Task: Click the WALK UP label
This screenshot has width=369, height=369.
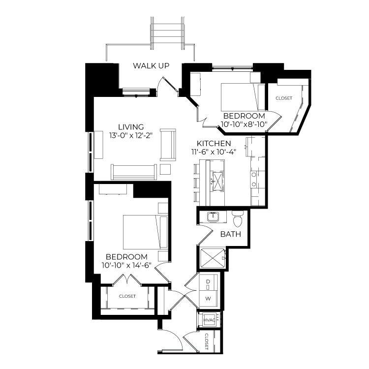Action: (x=151, y=65)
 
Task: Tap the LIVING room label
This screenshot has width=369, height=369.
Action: (x=131, y=127)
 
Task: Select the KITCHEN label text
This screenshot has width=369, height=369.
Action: (x=214, y=143)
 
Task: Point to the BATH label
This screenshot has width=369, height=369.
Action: (x=231, y=234)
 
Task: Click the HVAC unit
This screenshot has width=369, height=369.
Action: (x=209, y=320)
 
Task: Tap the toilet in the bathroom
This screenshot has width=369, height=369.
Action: (x=238, y=219)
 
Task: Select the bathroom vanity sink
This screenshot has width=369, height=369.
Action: (x=213, y=217)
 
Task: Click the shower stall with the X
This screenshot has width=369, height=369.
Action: (x=213, y=258)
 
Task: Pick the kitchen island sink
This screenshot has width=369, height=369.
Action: (x=217, y=181)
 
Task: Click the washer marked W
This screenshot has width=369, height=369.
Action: (x=208, y=299)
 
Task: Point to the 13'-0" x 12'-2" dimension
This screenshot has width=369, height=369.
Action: (x=131, y=136)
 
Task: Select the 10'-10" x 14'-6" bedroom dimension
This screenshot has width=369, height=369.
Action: (x=126, y=266)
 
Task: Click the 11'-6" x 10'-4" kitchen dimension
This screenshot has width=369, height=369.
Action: (x=214, y=152)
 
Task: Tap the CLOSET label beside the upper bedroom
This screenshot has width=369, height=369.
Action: (x=284, y=98)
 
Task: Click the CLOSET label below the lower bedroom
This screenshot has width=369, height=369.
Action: (x=127, y=296)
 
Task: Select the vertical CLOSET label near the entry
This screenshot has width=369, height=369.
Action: (x=207, y=341)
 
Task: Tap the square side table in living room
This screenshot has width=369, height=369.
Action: (x=165, y=169)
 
